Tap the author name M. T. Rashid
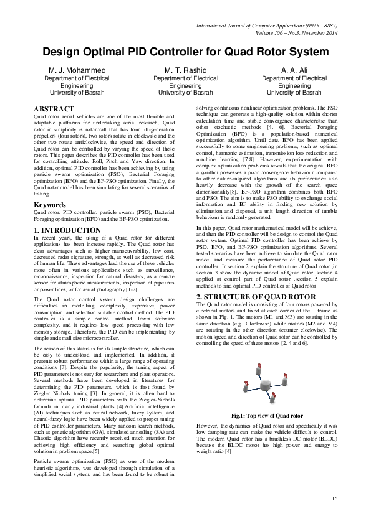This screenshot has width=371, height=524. point(185,71)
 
